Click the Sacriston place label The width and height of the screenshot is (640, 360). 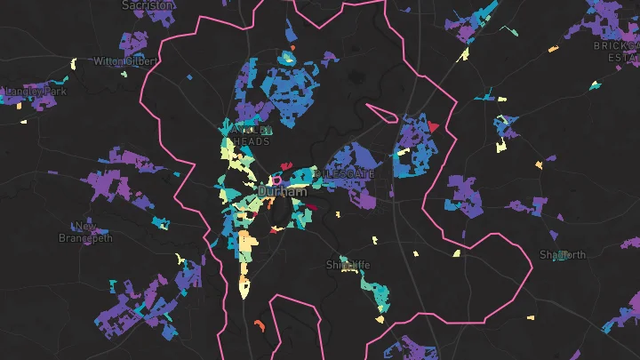tap(148, 4)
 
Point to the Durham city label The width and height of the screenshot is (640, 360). tap(282, 191)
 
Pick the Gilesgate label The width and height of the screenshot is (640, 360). tap(348, 174)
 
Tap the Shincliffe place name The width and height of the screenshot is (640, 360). tap(348, 265)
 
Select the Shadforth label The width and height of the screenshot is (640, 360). tap(563, 255)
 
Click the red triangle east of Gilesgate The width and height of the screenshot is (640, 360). tap(434, 128)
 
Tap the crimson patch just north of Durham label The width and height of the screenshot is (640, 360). tap(287, 165)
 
